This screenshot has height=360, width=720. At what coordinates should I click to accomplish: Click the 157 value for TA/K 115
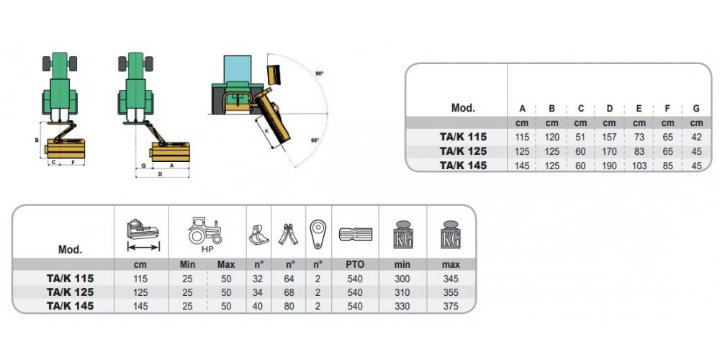tap(609, 138)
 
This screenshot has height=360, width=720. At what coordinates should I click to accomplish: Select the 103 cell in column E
tap(639, 166)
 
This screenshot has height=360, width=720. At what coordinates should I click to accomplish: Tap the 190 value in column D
tap(609, 166)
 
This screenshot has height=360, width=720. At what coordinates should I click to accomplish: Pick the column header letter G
tap(696, 109)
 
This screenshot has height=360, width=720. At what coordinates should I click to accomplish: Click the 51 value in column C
tap(580, 138)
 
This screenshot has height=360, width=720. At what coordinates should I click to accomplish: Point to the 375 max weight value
tap(451, 306)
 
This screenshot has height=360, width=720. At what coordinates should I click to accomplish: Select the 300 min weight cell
tap(402, 279)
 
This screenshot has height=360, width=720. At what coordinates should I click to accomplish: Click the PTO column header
tap(355, 264)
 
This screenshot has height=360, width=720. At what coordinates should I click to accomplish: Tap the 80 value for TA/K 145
tap(289, 306)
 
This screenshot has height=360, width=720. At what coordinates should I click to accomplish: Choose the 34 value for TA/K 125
tap(258, 292)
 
